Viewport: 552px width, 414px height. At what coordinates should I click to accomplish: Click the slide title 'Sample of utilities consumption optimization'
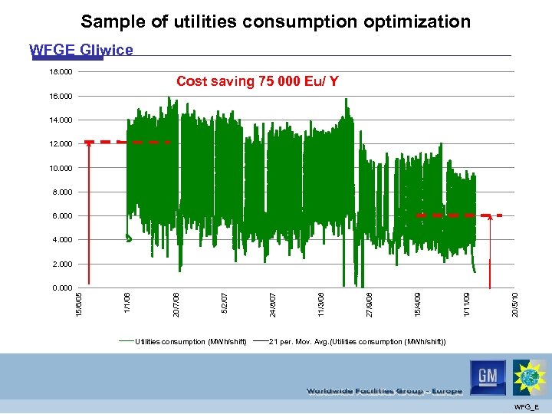[276, 21]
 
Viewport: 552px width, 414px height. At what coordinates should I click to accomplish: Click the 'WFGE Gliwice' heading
[81, 51]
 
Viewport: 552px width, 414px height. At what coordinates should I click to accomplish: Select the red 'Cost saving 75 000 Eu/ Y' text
[257, 80]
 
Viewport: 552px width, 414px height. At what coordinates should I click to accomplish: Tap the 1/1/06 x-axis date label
[128, 300]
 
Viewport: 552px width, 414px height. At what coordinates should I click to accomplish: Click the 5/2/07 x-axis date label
[225, 300]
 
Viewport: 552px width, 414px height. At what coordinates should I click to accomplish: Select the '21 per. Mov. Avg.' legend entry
[356, 341]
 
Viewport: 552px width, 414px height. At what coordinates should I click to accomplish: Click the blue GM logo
[488, 377]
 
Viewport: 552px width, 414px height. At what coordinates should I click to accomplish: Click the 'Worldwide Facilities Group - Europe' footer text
[384, 391]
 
